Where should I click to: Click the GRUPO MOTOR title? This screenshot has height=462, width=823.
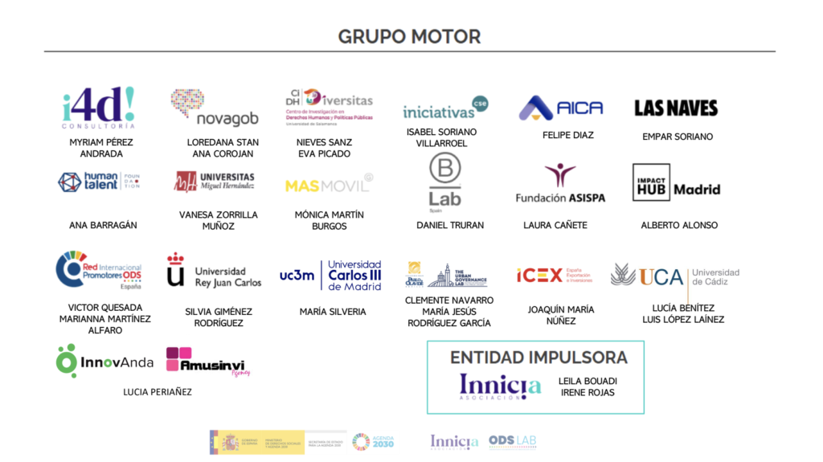[x=409, y=36]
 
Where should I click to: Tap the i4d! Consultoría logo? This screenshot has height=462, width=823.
[x=99, y=108]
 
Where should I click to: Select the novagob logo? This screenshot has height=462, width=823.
[x=215, y=108]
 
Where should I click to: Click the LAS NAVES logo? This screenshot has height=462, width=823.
[x=676, y=108]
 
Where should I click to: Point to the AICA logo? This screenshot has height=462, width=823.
[x=561, y=108]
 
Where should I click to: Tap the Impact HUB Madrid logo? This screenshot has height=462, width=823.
[x=676, y=182]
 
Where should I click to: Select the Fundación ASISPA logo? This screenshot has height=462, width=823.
[x=561, y=184]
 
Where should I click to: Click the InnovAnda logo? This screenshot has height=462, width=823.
[x=104, y=361]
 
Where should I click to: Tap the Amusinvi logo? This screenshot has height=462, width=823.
[x=207, y=361]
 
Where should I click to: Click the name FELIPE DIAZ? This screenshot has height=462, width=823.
[x=567, y=135]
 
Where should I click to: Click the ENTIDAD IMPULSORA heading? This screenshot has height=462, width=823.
[x=538, y=358]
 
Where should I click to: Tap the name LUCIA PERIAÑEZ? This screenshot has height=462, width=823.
[x=158, y=392]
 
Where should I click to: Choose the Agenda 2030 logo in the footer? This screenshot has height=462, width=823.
[x=373, y=441]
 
